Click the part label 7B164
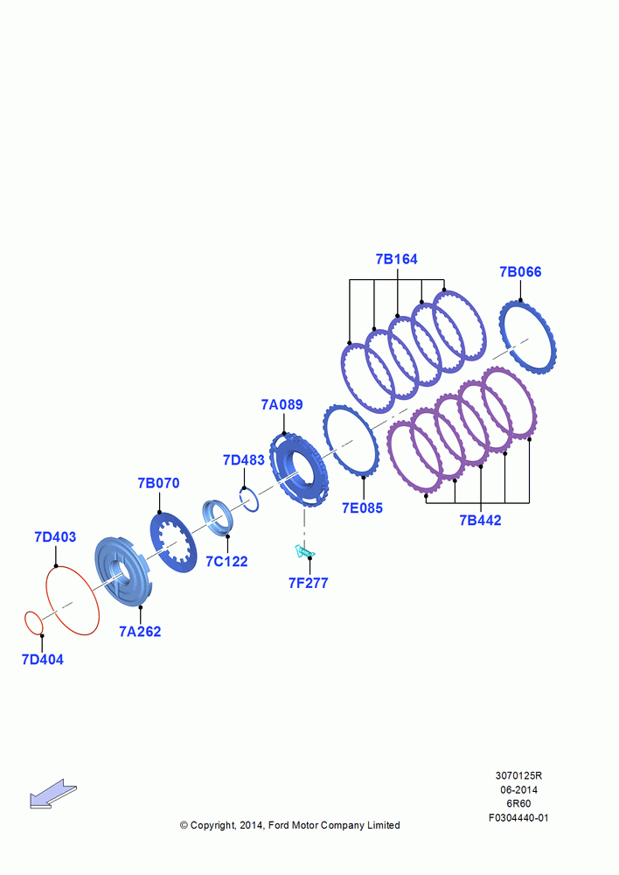[397, 259]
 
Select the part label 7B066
[520, 272]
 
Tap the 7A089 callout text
[282, 404]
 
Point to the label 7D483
[244, 460]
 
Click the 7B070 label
[159, 483]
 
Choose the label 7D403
[55, 537]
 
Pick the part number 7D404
[42, 660]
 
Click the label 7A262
[140, 632]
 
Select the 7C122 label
[226, 562]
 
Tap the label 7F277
[309, 583]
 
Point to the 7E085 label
[363, 507]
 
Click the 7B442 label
[480, 520]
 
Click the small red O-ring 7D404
[25, 622]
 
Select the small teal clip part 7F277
[304, 552]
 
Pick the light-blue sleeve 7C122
[216, 519]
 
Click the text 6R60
[518, 803]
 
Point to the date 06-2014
[518, 789]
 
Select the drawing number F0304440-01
[518, 817]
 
